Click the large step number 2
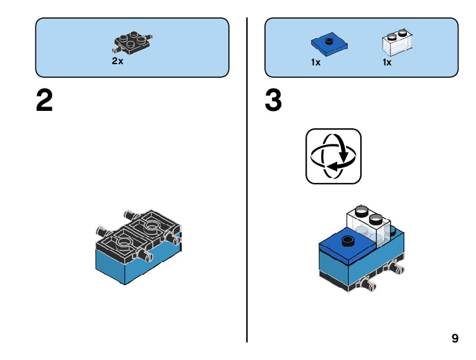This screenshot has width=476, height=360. tap(44, 102)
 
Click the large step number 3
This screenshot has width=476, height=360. tap(273, 102)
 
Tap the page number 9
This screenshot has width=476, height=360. tap(455, 338)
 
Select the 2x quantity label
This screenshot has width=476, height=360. tap(118, 62)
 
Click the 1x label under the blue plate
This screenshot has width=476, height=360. tap(315, 62)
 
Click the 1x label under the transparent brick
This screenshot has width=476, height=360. tap(386, 62)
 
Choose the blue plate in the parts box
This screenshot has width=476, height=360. tap(329, 45)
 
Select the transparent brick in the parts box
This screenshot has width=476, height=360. tap(396, 44)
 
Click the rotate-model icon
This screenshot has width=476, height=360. tap(334, 156)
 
